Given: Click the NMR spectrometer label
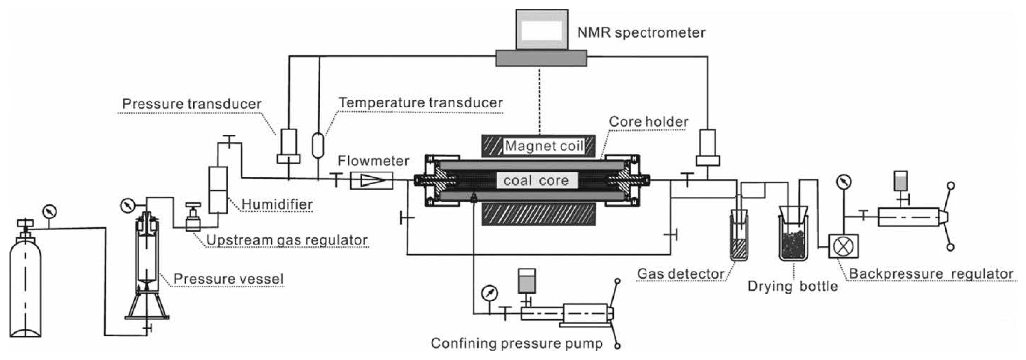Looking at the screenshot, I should click(641, 32).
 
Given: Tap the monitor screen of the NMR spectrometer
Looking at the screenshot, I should click(541, 30).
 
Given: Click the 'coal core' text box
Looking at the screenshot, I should click(536, 181).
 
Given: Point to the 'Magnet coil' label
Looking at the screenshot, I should click(544, 146).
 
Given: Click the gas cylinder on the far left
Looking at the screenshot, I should click(25, 287).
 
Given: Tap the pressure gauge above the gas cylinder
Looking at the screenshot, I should click(49, 211).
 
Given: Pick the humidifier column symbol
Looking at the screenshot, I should click(218, 190).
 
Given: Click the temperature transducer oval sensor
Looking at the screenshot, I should click(318, 145).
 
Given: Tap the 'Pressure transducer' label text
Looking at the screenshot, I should click(192, 104).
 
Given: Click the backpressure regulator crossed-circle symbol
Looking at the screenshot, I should click(843, 246).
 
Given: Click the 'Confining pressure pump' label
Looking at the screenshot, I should click(517, 343).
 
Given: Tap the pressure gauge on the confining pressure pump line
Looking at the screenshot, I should click(489, 294).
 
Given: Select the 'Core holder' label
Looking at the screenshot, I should click(649, 122).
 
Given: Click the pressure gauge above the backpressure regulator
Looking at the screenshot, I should click(844, 182).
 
